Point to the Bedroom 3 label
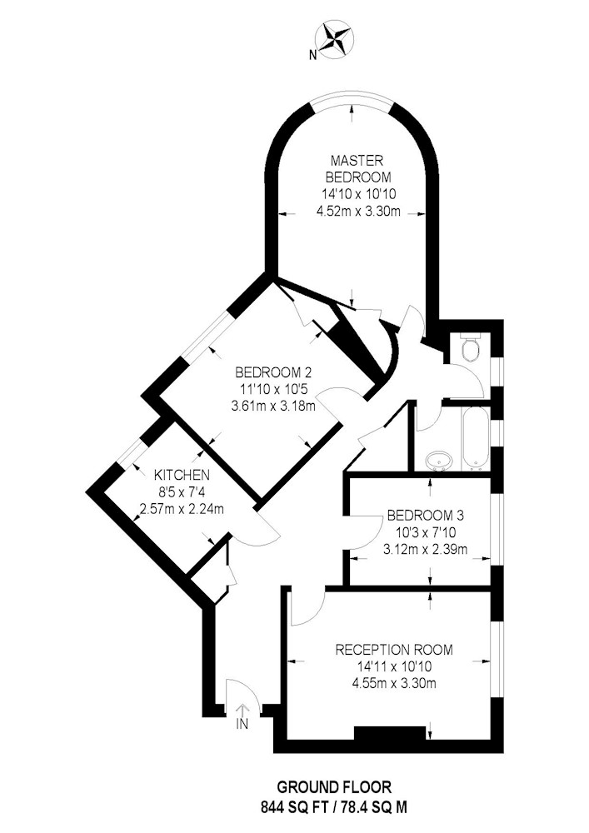[424, 515]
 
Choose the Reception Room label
[395, 650]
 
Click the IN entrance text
[243, 725]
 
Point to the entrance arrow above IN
[243, 710]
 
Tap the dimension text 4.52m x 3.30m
[359, 212]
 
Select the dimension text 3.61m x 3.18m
[273, 407]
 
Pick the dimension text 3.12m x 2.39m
[424, 549]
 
